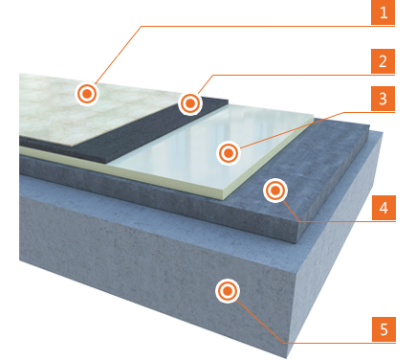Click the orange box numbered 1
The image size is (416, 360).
tap(383, 12)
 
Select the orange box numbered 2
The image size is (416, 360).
tap(383, 61)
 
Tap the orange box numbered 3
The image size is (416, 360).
tap(383, 99)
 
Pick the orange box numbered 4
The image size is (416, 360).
tap(383, 208)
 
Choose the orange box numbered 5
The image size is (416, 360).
tap(383, 329)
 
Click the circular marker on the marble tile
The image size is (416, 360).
tap(87, 94)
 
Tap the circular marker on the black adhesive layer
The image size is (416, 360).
tap(190, 103)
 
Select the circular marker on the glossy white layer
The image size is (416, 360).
tap(229, 153)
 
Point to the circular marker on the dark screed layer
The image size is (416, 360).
tap(275, 191)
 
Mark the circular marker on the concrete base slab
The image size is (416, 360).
tap(228, 291)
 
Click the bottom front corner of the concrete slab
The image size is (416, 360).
tap(286, 357)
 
